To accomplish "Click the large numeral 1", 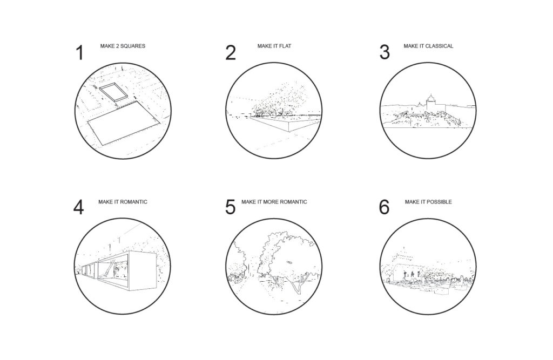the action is pyautogui.click(x=80, y=52).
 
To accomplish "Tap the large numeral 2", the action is pyautogui.click(x=230, y=52).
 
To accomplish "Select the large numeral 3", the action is pyautogui.click(x=385, y=52).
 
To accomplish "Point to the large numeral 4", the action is pyautogui.click(x=78, y=207).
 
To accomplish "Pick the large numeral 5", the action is pyautogui.click(x=230, y=207).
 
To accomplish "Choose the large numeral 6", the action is pyautogui.click(x=384, y=207).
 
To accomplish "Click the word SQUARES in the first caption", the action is pyautogui.click(x=133, y=46).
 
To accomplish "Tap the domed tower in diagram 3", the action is pyautogui.click(x=430, y=102).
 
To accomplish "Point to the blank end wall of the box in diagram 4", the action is pyautogui.click(x=142, y=271).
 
